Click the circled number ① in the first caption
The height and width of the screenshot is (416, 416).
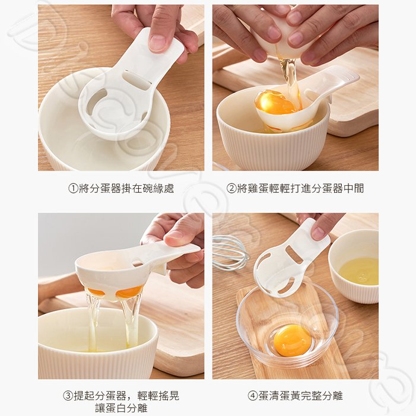click(x=73, y=188)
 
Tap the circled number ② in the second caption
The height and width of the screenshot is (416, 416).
click(x=231, y=188)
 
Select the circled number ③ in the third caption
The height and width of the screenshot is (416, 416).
click(x=68, y=396)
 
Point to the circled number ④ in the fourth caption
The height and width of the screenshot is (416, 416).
click(x=253, y=396)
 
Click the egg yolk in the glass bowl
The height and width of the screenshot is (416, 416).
click(x=292, y=341)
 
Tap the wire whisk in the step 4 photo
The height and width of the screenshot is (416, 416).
click(x=230, y=253)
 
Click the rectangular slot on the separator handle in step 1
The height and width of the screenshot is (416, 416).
click(x=136, y=78)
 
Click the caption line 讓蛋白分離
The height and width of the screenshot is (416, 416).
click(x=121, y=408)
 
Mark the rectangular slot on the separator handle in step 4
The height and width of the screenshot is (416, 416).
click(x=291, y=253)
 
